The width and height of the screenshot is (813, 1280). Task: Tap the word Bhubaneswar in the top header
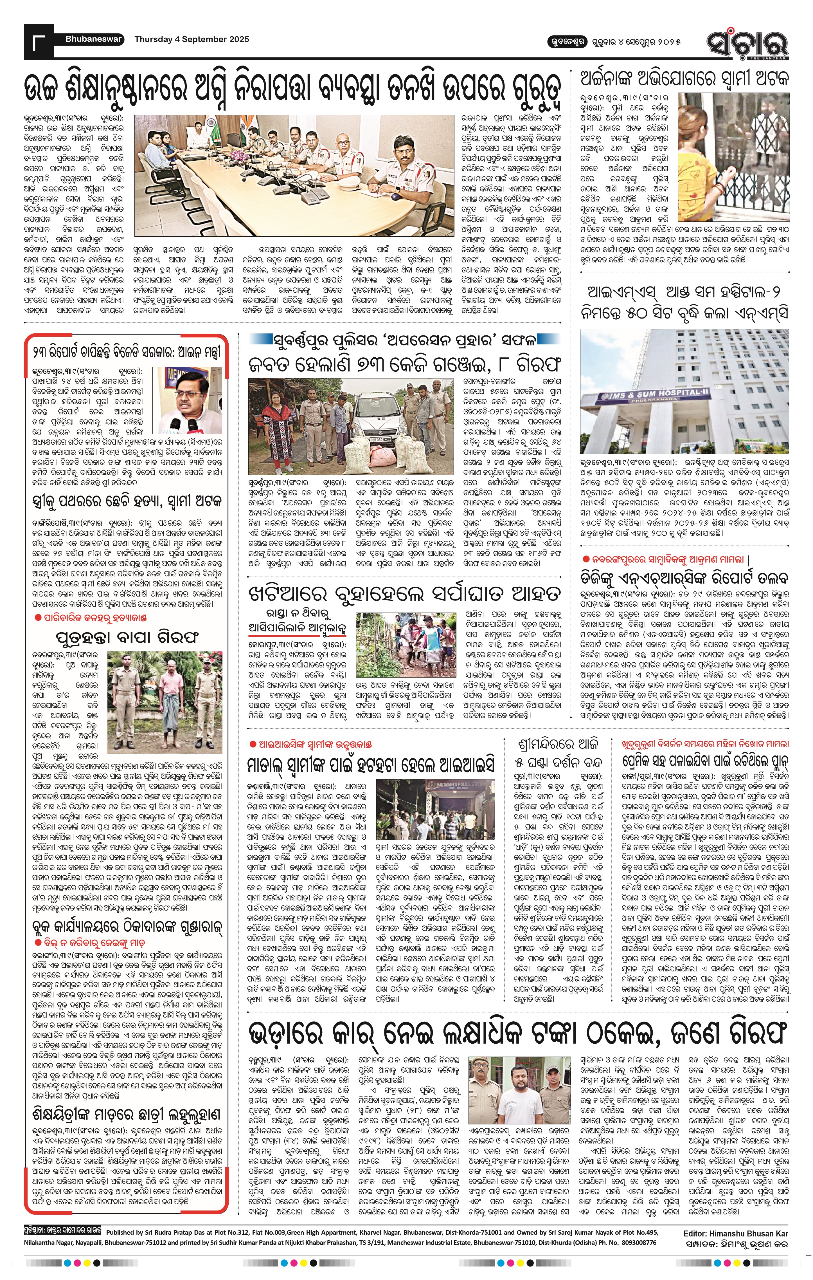[x=94, y=39]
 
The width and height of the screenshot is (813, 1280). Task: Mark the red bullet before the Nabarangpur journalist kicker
[x=585, y=559]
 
